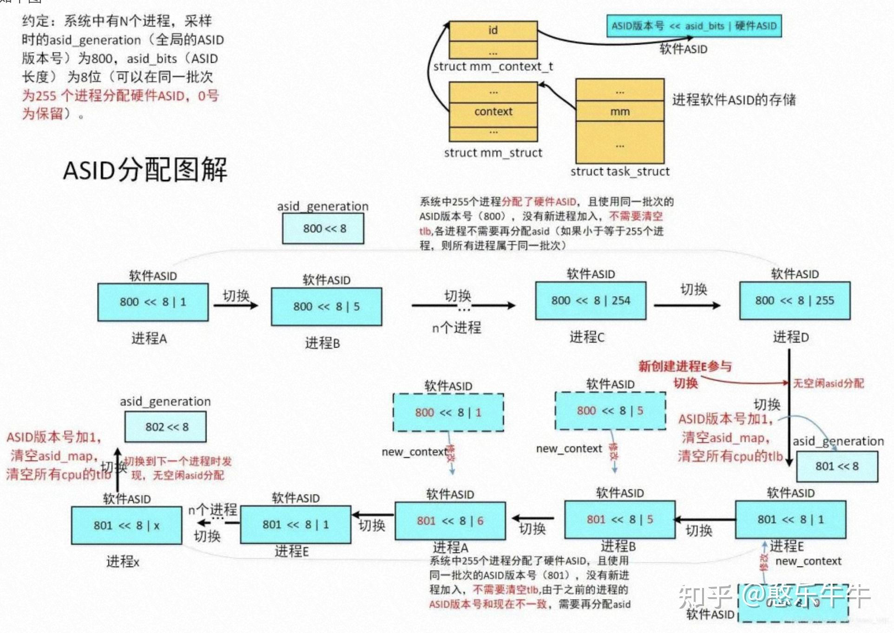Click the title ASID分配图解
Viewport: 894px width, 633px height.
[x=145, y=169]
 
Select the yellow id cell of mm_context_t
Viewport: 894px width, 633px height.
[x=493, y=31]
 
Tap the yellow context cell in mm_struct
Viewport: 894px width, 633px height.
[x=493, y=112]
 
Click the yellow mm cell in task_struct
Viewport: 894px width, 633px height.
[x=620, y=112]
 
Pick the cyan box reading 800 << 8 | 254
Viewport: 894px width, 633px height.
[x=591, y=301]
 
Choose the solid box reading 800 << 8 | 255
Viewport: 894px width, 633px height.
[x=795, y=301]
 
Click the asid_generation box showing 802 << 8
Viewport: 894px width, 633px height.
[x=166, y=427]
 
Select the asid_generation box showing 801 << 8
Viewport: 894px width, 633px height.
[x=837, y=466]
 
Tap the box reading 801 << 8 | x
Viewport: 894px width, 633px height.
[x=126, y=526]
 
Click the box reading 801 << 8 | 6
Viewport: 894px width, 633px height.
[x=450, y=521]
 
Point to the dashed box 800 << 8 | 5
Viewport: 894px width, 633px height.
[x=610, y=411]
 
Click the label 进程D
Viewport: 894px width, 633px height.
[x=790, y=337]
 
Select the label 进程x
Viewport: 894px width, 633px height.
[x=123, y=562]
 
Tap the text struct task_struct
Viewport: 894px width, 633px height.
[x=620, y=171]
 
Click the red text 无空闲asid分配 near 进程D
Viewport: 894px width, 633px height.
[x=828, y=383]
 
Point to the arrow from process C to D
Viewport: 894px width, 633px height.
[x=687, y=305]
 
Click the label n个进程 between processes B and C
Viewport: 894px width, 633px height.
[x=456, y=328]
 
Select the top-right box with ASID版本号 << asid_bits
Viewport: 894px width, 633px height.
[x=694, y=26]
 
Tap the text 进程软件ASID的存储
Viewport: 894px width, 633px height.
[x=734, y=99]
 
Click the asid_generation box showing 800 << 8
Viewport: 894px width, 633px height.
[x=323, y=229]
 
